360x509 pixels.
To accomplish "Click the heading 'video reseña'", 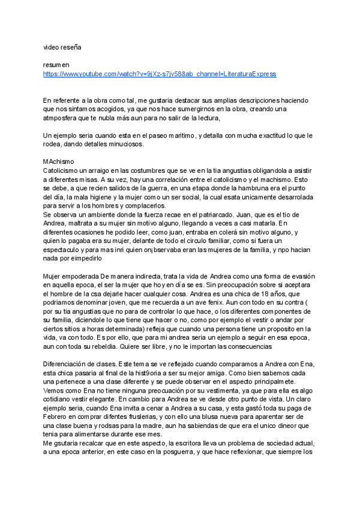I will pos(61,46).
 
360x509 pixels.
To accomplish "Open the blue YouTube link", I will pos(160,74).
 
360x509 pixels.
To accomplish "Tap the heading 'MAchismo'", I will pos(59,162).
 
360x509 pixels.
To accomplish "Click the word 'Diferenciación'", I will pos(68,364).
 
